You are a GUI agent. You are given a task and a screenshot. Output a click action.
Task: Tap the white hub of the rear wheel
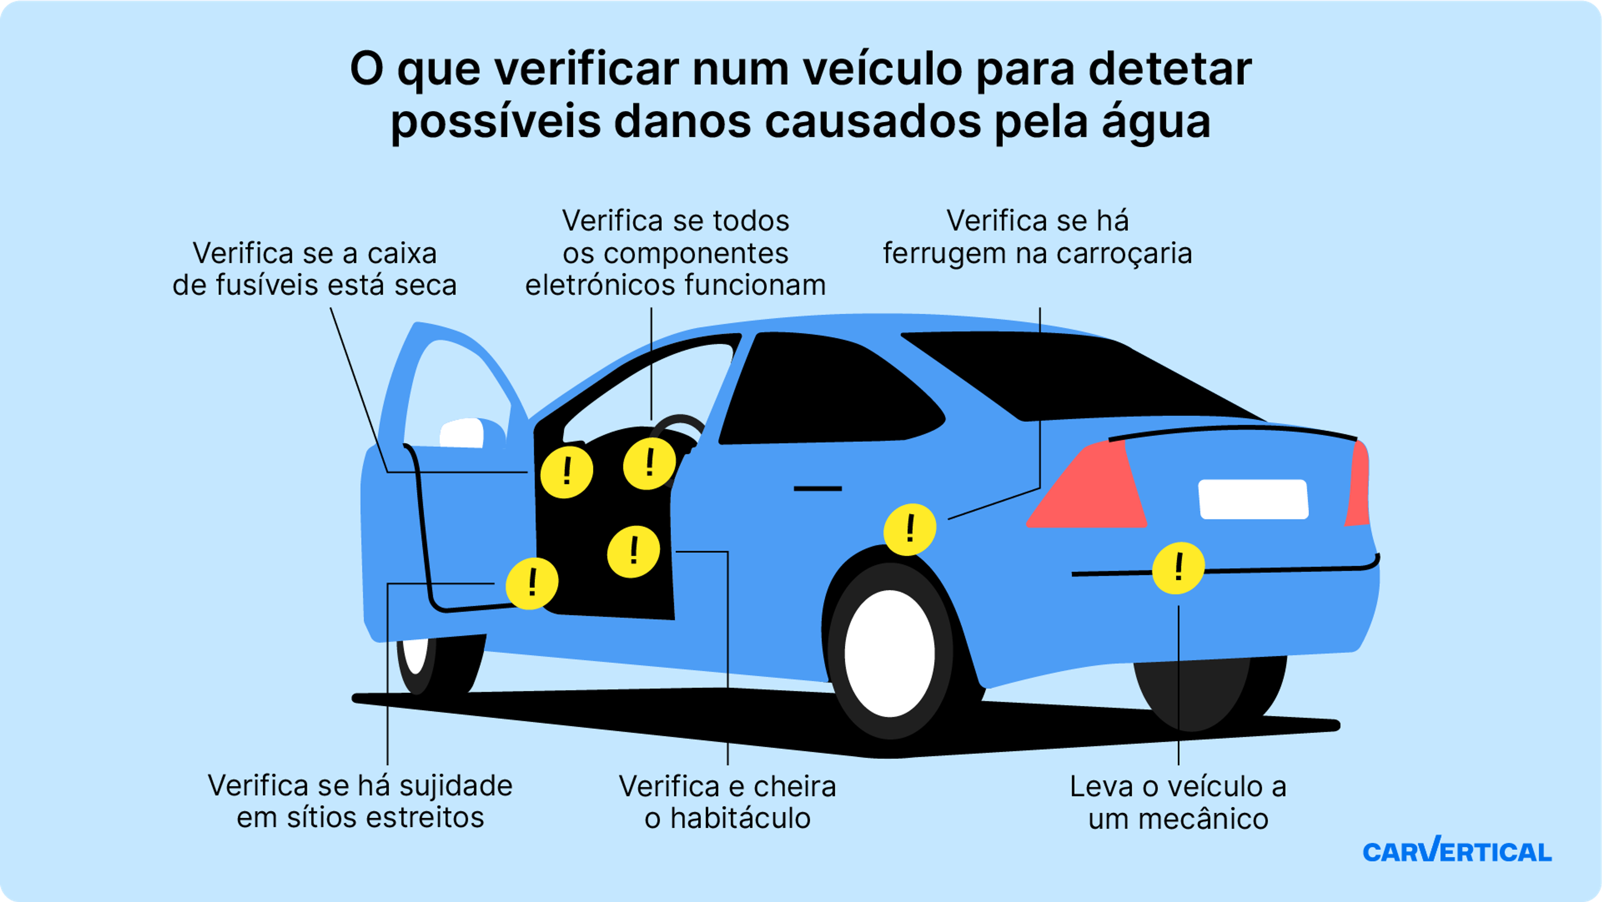tap(890, 653)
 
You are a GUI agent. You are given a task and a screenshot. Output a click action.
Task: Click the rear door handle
tap(818, 488)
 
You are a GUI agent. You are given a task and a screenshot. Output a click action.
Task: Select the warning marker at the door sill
tap(532, 583)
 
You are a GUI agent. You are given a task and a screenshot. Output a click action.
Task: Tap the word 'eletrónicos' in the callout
tap(600, 286)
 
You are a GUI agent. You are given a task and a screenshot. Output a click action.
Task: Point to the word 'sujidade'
tap(456, 786)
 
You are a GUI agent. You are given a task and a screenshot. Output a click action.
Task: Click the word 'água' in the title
tap(1156, 122)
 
